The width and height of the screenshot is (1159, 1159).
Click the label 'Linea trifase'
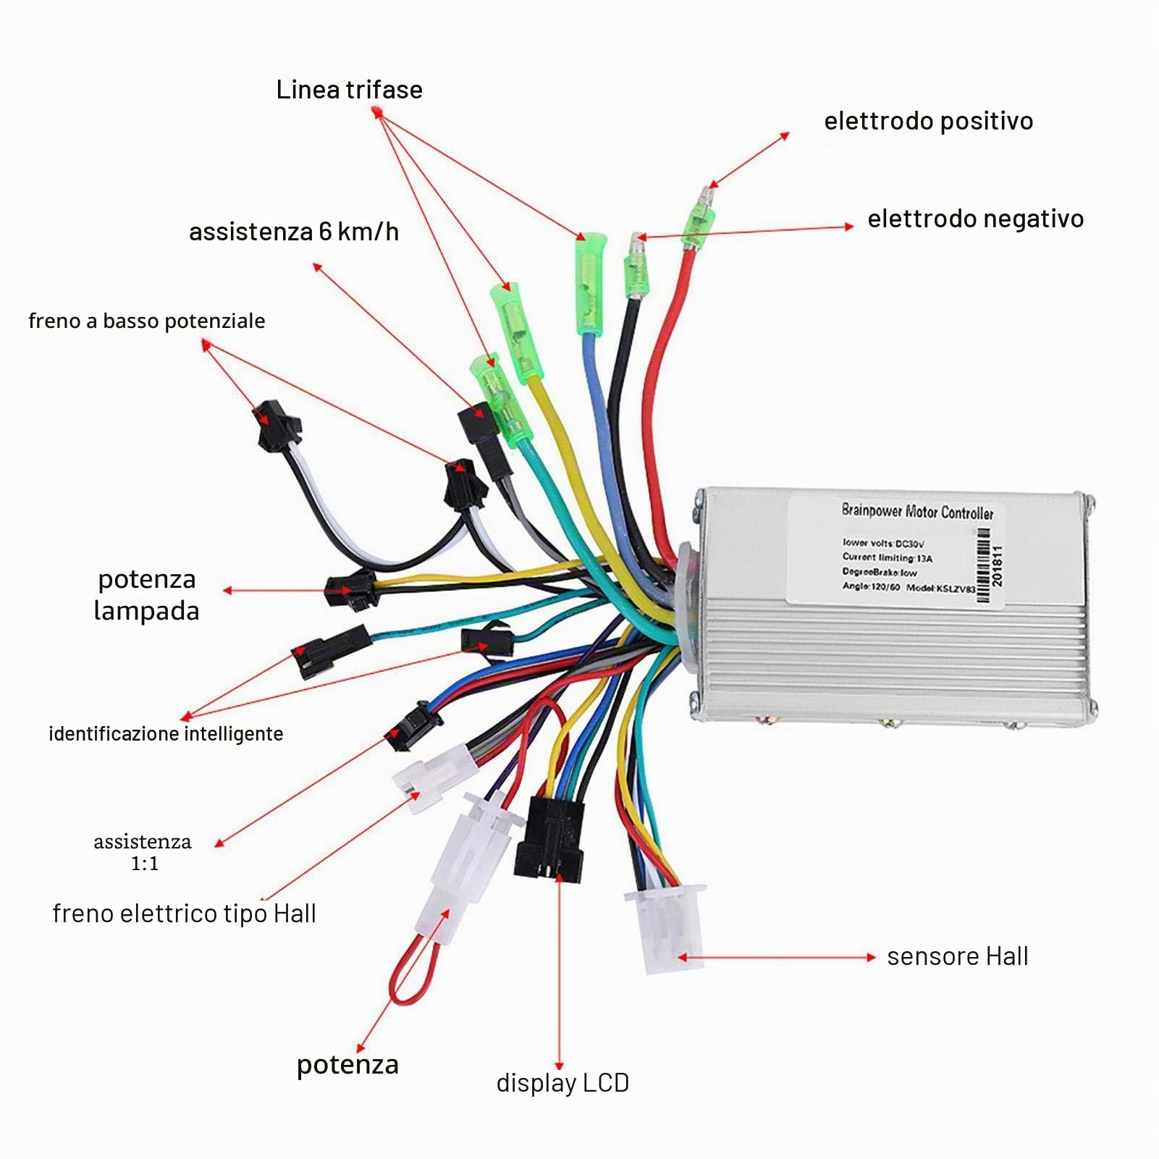pos(349,90)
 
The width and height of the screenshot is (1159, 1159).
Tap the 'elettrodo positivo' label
pos(928,121)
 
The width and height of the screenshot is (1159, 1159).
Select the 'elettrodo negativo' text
pos(975,219)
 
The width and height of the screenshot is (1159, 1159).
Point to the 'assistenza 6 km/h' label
pos(293,232)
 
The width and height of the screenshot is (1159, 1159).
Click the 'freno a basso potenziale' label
pos(146,321)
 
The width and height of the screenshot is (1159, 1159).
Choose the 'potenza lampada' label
pos(146,595)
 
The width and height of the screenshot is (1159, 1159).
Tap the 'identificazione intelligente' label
pos(166,734)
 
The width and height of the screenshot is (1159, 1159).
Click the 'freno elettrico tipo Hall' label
pos(184,914)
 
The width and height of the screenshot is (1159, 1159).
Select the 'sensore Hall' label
pos(957,956)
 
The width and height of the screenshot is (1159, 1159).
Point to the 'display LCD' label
pos(562,1083)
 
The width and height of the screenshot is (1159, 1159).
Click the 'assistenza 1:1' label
pos(143,852)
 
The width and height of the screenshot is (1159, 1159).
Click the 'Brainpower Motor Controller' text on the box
pos(917,511)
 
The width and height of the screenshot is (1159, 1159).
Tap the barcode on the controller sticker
pos(983,565)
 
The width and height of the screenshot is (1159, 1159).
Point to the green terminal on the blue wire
pos(590,283)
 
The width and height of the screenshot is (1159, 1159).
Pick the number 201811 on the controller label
pos(998,565)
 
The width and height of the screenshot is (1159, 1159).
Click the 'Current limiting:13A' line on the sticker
pos(887,557)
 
